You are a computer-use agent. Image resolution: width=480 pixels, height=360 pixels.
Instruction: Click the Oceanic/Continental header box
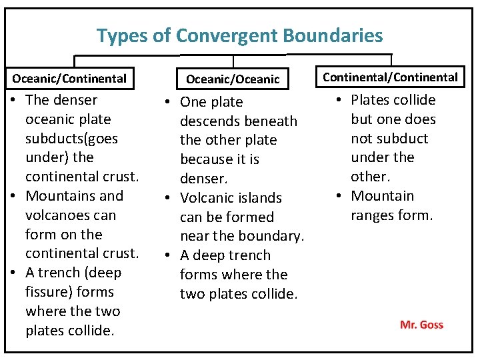pyautogui.click(x=69, y=79)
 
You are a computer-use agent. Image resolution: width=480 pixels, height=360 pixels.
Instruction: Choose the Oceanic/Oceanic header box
pyautogui.click(x=233, y=79)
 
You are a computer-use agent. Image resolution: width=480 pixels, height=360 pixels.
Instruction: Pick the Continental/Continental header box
pyautogui.click(x=390, y=77)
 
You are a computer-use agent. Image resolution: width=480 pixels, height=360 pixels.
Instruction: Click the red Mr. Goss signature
pyautogui.click(x=421, y=325)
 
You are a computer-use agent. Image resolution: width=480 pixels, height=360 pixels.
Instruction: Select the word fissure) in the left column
pyautogui.click(x=47, y=292)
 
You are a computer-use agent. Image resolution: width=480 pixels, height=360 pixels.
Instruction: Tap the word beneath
pyautogui.click(x=271, y=121)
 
